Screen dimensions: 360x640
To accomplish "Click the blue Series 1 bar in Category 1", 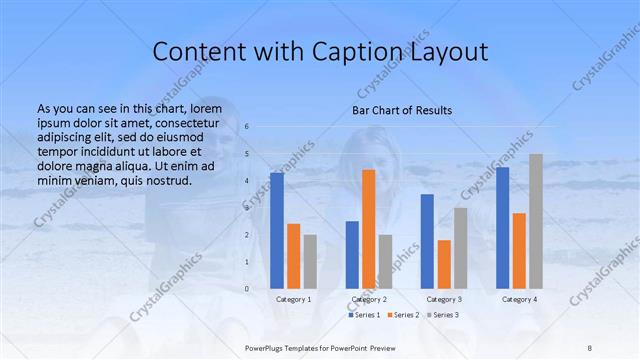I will coord(277,230).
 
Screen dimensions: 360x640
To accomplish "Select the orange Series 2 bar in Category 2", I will coord(368,229).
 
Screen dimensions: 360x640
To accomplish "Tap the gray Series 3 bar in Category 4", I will coord(536,221).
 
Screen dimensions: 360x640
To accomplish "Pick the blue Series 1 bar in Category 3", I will coord(427,241).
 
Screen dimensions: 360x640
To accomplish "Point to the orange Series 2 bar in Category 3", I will coord(444,264).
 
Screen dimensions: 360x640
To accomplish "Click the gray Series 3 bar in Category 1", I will coord(310,261).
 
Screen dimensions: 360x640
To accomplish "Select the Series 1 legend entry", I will coord(364,315).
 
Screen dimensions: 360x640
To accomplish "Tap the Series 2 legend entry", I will coord(403,315).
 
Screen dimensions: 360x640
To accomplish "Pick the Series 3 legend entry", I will coord(442,315).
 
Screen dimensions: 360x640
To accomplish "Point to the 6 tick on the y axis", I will coord(247,127).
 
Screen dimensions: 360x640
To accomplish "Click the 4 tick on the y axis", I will coord(247,181).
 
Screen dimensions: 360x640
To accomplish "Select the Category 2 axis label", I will coord(368,299).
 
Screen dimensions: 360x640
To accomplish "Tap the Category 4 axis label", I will coord(519,299).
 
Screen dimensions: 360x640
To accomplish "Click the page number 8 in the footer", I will coord(589,347).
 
